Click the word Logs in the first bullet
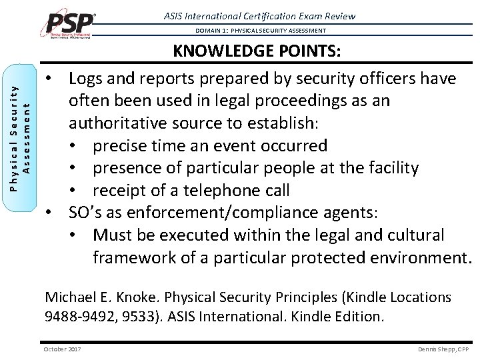coord(89,79)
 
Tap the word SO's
coord(88,213)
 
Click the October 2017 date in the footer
coord(62,349)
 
